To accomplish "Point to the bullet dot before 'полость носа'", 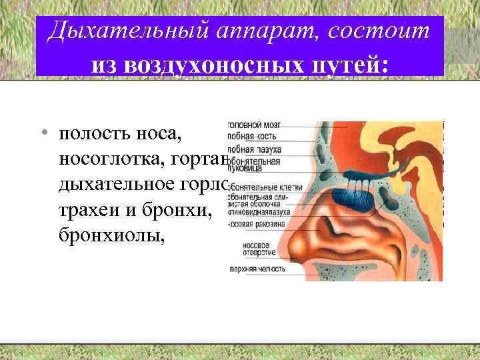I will coord(43,133).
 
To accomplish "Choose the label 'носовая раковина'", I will coord(257,224).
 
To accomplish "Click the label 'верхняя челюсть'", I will coord(256,269).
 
